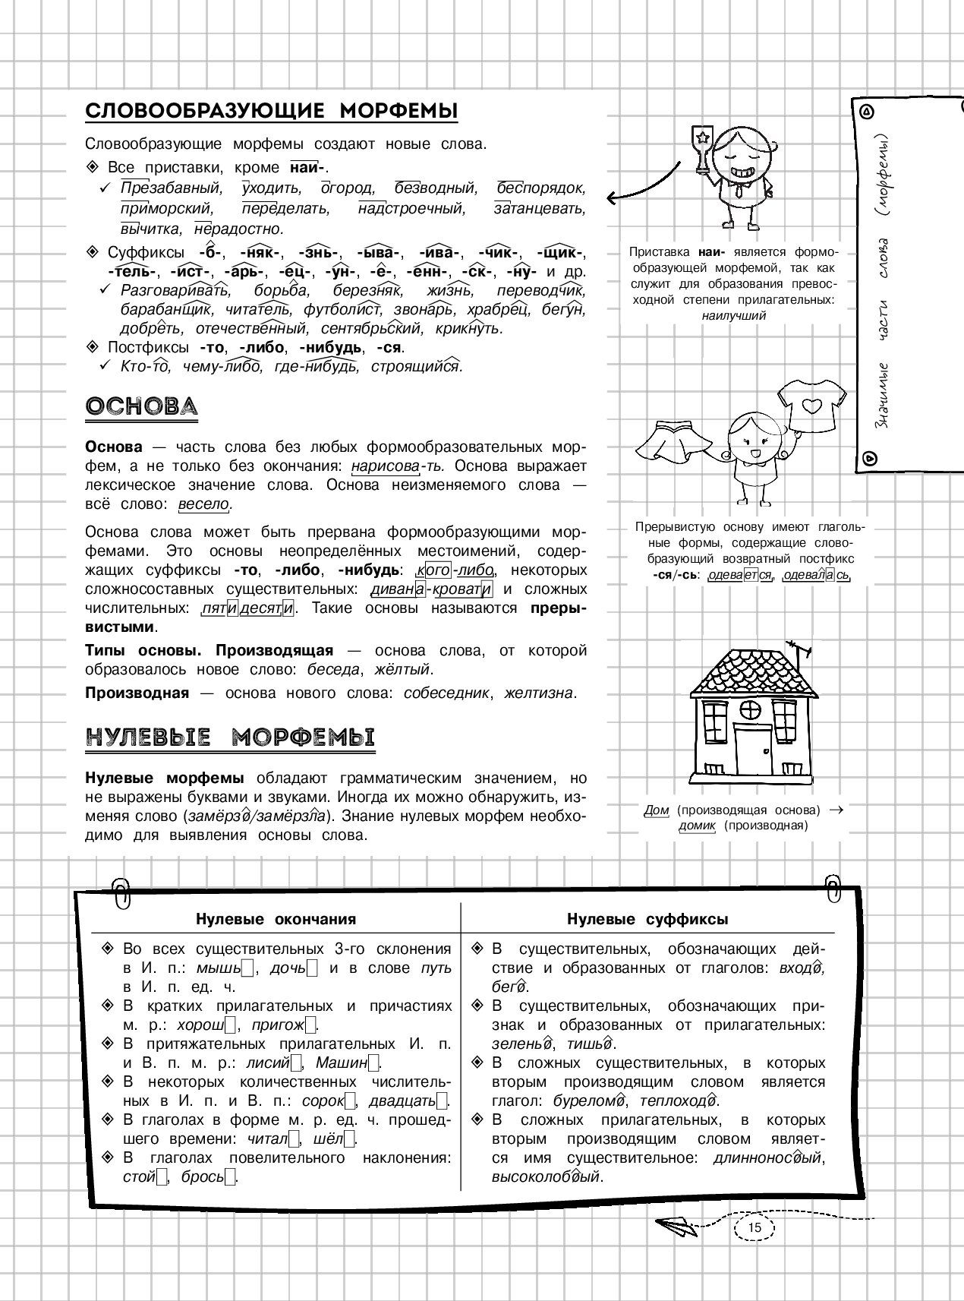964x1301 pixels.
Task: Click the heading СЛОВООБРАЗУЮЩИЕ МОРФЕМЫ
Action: point(272,112)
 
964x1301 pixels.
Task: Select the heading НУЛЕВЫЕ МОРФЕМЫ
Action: point(230,737)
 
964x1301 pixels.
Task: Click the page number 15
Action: point(754,1229)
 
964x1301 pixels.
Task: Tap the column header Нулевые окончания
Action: point(276,920)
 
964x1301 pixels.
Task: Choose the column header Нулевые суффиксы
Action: point(647,920)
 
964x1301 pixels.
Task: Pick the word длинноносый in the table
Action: point(769,1158)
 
